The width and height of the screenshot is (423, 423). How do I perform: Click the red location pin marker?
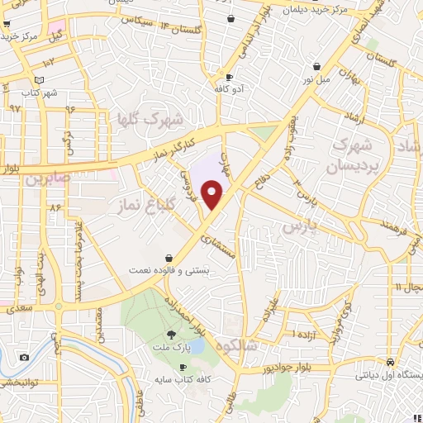(213, 195)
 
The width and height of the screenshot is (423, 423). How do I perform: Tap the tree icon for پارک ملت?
(171, 334)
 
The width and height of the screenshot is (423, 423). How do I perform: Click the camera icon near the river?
(23, 357)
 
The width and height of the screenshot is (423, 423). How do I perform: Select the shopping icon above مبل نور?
(316, 67)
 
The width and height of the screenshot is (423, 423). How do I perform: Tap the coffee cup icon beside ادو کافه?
(218, 70)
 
